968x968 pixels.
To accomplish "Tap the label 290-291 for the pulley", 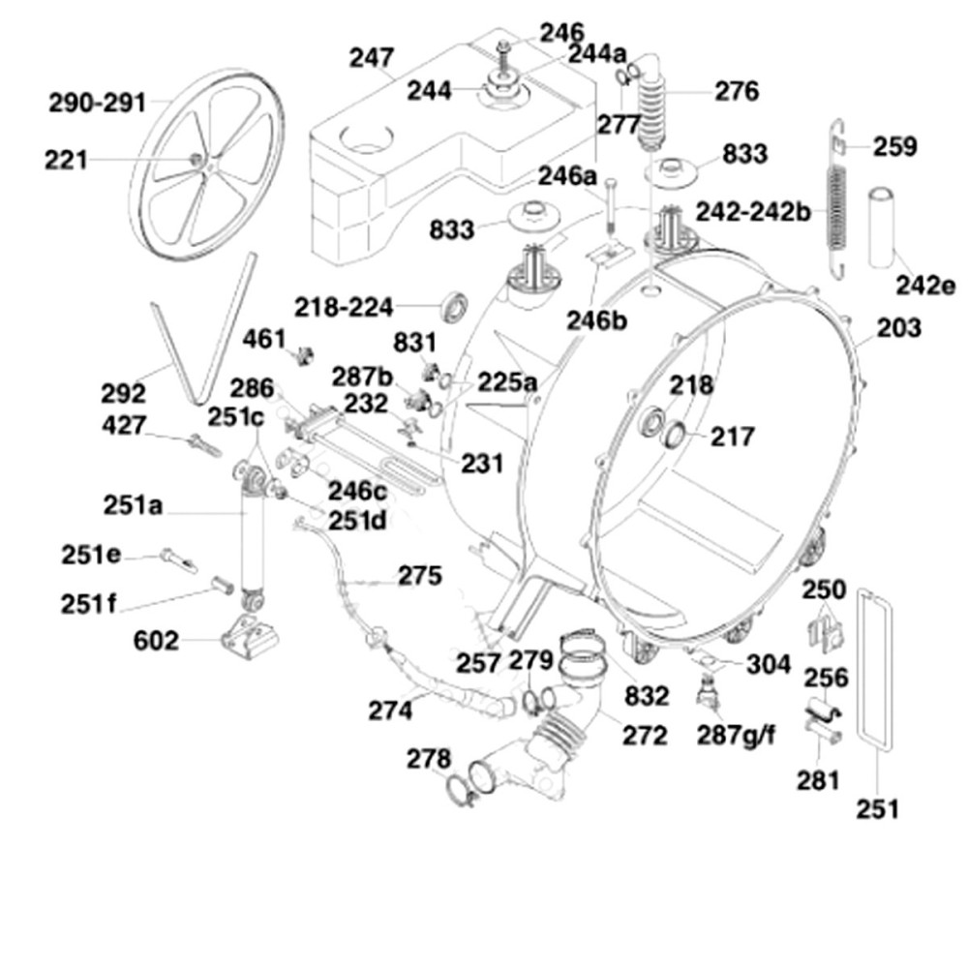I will (97, 102).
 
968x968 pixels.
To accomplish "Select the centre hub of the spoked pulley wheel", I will (197, 159).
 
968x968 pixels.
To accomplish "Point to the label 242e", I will (924, 286).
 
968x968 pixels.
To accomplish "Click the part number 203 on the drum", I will (899, 328).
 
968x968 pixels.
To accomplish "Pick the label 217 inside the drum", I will (733, 437).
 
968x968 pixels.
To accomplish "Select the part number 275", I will (419, 576).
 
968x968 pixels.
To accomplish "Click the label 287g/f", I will (737, 736).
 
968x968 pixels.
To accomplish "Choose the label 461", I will (264, 340).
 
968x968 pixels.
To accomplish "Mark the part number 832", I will (647, 695).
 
